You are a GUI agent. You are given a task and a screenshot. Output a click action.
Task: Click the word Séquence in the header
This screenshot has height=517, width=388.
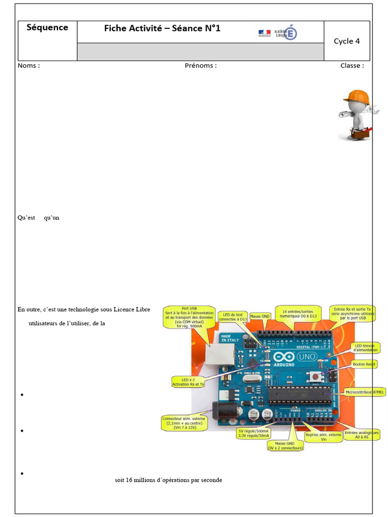(x=47, y=28)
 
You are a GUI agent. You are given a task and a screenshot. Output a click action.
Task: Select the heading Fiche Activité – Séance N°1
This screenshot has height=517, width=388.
(x=162, y=28)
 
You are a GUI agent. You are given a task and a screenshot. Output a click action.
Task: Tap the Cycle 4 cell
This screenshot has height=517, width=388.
(x=347, y=41)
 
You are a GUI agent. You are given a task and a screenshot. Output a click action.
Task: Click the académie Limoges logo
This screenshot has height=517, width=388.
(x=277, y=33)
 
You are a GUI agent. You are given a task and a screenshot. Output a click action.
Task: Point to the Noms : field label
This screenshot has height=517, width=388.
(x=29, y=66)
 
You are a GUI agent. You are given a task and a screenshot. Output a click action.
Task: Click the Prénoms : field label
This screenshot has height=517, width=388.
(x=201, y=66)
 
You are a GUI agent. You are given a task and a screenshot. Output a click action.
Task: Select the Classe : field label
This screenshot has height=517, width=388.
(x=352, y=66)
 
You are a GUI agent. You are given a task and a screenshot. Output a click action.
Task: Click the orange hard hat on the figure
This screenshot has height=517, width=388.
(x=357, y=95)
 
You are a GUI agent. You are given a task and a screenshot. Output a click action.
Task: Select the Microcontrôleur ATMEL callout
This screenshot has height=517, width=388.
(x=364, y=391)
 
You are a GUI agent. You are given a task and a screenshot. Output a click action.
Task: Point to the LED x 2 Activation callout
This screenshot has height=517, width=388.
(x=188, y=382)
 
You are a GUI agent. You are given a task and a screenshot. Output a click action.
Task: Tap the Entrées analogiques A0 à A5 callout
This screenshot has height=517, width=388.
(x=362, y=435)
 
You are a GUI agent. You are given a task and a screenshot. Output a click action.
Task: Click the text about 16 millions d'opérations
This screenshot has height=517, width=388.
(x=168, y=480)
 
